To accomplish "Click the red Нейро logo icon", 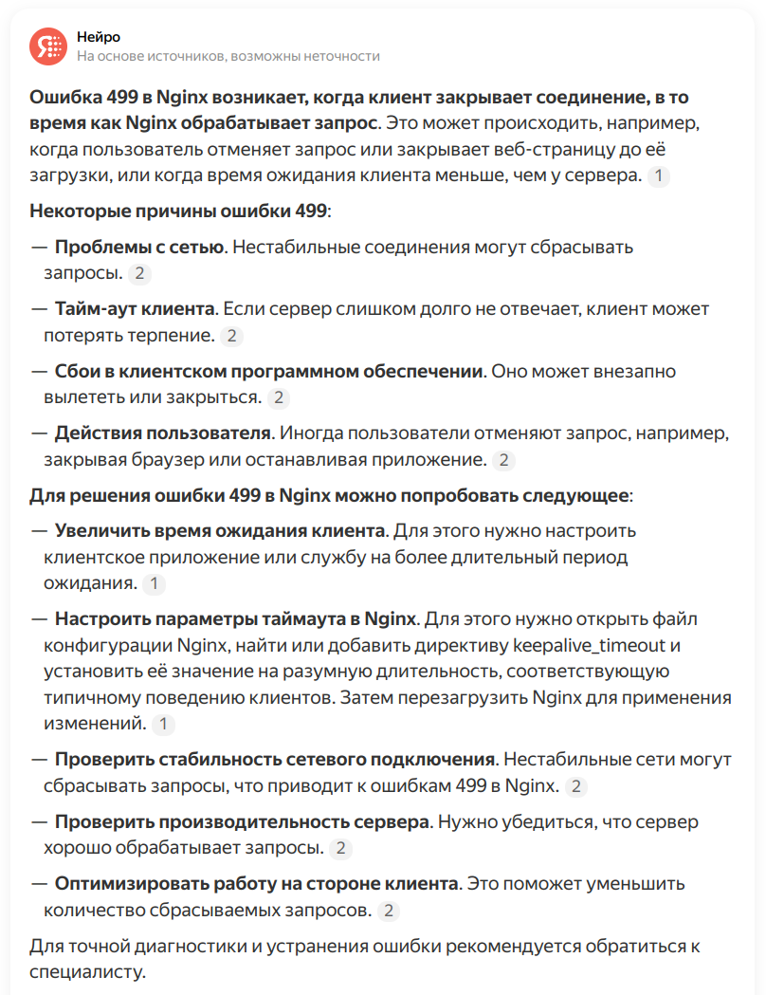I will point(47,46).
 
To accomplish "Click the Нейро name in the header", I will point(99,36).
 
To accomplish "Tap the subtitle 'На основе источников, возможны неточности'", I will point(228,56).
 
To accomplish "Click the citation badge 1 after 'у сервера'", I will point(659,175).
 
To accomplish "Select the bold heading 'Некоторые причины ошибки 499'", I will point(179,211).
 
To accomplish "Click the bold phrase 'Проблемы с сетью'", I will point(139,247).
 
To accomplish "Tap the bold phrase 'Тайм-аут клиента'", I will point(135,309).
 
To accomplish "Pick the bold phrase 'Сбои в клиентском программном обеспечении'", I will point(269,372).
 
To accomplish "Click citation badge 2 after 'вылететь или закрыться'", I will point(279,397).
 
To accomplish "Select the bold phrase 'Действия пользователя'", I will point(162,434).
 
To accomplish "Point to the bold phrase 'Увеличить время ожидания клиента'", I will point(220,529).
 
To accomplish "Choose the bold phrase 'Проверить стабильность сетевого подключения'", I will point(275,760).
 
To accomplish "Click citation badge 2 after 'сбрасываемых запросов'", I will point(389,911).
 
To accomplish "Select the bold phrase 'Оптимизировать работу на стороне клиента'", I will point(256,884).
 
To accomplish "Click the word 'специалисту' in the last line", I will point(88,972).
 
